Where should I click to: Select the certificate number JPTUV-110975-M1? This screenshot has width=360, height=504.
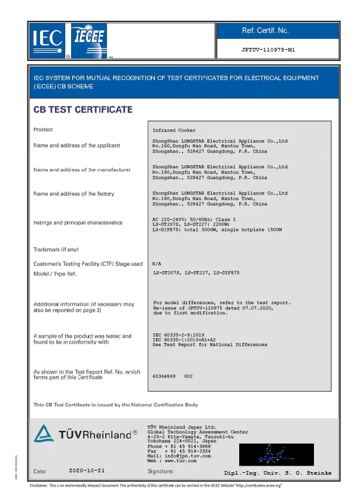pos(269,50)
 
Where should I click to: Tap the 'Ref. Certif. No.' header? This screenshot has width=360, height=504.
pos(265,30)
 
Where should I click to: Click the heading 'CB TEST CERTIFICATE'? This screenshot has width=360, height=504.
pos(83,110)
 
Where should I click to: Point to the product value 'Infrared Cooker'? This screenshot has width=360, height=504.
pos(174,130)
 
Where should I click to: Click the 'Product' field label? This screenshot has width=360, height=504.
pos(43,129)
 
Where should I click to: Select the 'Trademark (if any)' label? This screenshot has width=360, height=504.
pos(56,249)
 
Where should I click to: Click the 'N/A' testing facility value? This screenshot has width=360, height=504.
pos(158,264)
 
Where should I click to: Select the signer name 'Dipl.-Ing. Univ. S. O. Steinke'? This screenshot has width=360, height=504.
pos(277,473)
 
